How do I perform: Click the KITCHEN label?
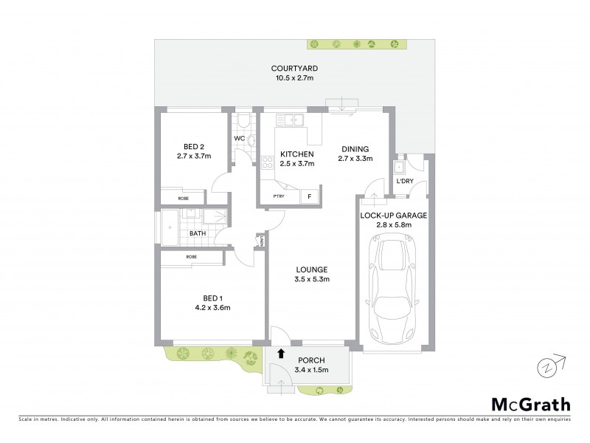click(297, 154)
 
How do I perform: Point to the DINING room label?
click(355, 148)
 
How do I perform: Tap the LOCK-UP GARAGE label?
click(394, 215)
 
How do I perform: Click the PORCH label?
click(310, 360)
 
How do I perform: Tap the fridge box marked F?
click(309, 196)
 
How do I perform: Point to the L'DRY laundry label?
click(405, 180)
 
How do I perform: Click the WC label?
click(239, 138)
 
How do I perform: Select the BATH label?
click(198, 234)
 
